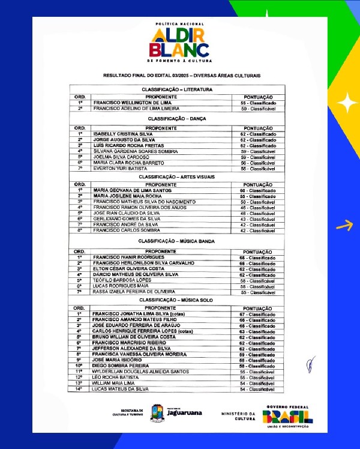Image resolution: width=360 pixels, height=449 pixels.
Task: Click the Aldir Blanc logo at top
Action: point(179,43)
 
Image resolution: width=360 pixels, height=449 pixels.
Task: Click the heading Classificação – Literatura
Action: point(181,89)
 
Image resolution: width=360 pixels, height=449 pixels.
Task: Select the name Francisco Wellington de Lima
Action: point(132,103)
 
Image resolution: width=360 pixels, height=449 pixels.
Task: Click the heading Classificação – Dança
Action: point(181,119)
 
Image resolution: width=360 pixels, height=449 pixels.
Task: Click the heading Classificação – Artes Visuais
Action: point(181,177)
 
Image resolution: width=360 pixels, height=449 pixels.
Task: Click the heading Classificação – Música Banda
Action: point(181,241)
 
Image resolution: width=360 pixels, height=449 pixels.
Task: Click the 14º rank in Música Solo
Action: point(79,389)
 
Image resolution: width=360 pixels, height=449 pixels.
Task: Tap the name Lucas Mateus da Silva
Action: point(120,389)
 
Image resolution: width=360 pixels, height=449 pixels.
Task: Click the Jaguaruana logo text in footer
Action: point(184,413)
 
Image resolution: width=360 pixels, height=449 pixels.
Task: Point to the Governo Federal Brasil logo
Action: point(288,415)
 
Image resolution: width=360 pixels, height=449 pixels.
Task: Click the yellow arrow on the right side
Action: point(344,226)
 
